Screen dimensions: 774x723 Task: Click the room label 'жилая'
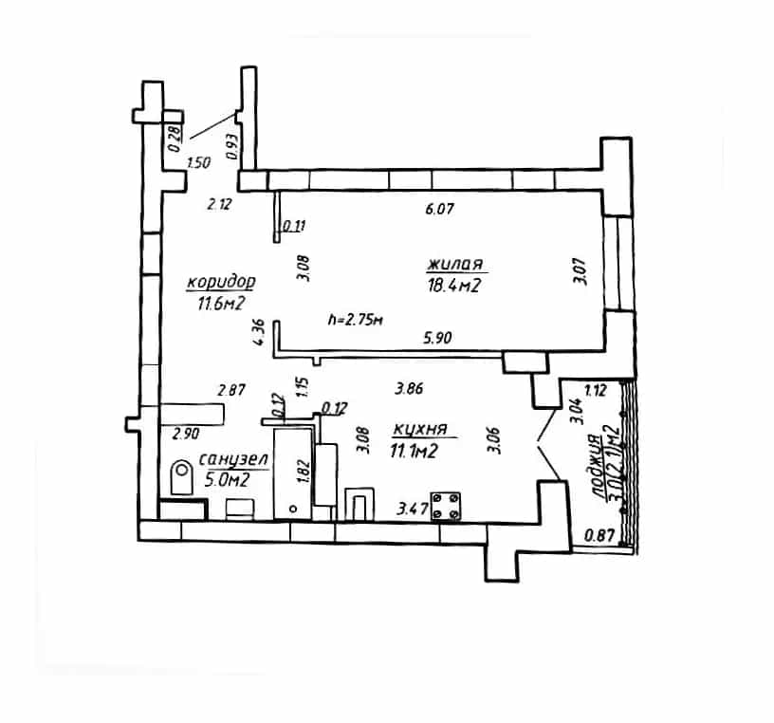click(x=455, y=264)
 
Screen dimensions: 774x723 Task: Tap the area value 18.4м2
click(x=454, y=286)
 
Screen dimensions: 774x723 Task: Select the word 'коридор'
click(x=221, y=282)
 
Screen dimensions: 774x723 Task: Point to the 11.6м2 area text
click(x=221, y=304)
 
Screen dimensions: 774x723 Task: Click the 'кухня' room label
click(x=420, y=429)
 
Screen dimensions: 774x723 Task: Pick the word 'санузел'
click(x=233, y=459)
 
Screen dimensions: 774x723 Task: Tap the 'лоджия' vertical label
click(x=596, y=465)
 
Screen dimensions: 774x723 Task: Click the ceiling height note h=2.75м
click(x=356, y=320)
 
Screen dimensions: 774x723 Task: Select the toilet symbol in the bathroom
click(x=182, y=477)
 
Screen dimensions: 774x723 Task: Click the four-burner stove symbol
click(x=446, y=506)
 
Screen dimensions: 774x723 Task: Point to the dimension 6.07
click(x=439, y=209)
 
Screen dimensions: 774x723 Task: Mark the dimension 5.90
click(x=437, y=338)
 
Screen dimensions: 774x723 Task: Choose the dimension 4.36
click(x=259, y=332)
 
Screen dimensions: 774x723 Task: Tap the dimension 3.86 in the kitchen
click(x=409, y=389)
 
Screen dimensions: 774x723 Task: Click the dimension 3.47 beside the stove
click(x=412, y=509)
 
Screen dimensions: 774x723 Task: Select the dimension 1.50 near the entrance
click(x=199, y=162)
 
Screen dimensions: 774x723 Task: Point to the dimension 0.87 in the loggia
click(x=599, y=535)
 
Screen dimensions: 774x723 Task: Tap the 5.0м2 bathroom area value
click(x=227, y=480)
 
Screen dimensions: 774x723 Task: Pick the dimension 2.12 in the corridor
click(x=219, y=204)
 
